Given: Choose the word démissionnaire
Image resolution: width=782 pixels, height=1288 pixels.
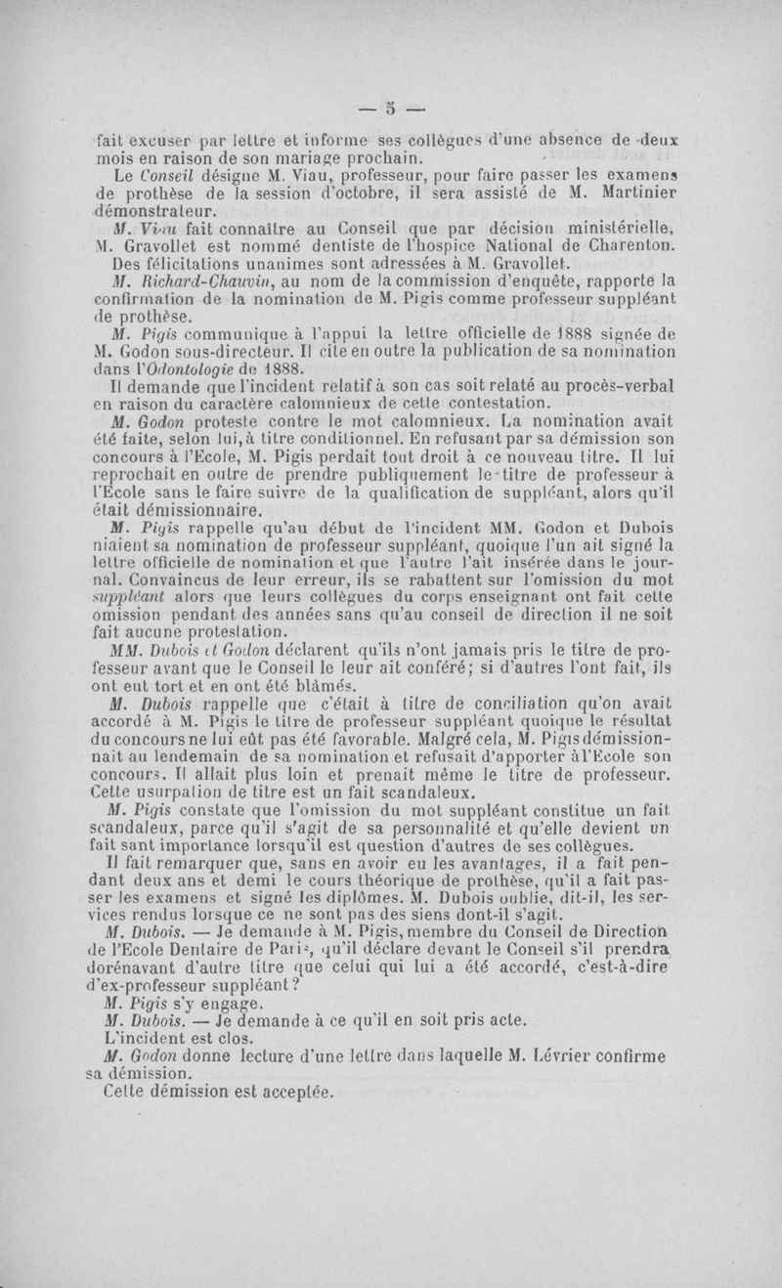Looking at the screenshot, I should [179, 510].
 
